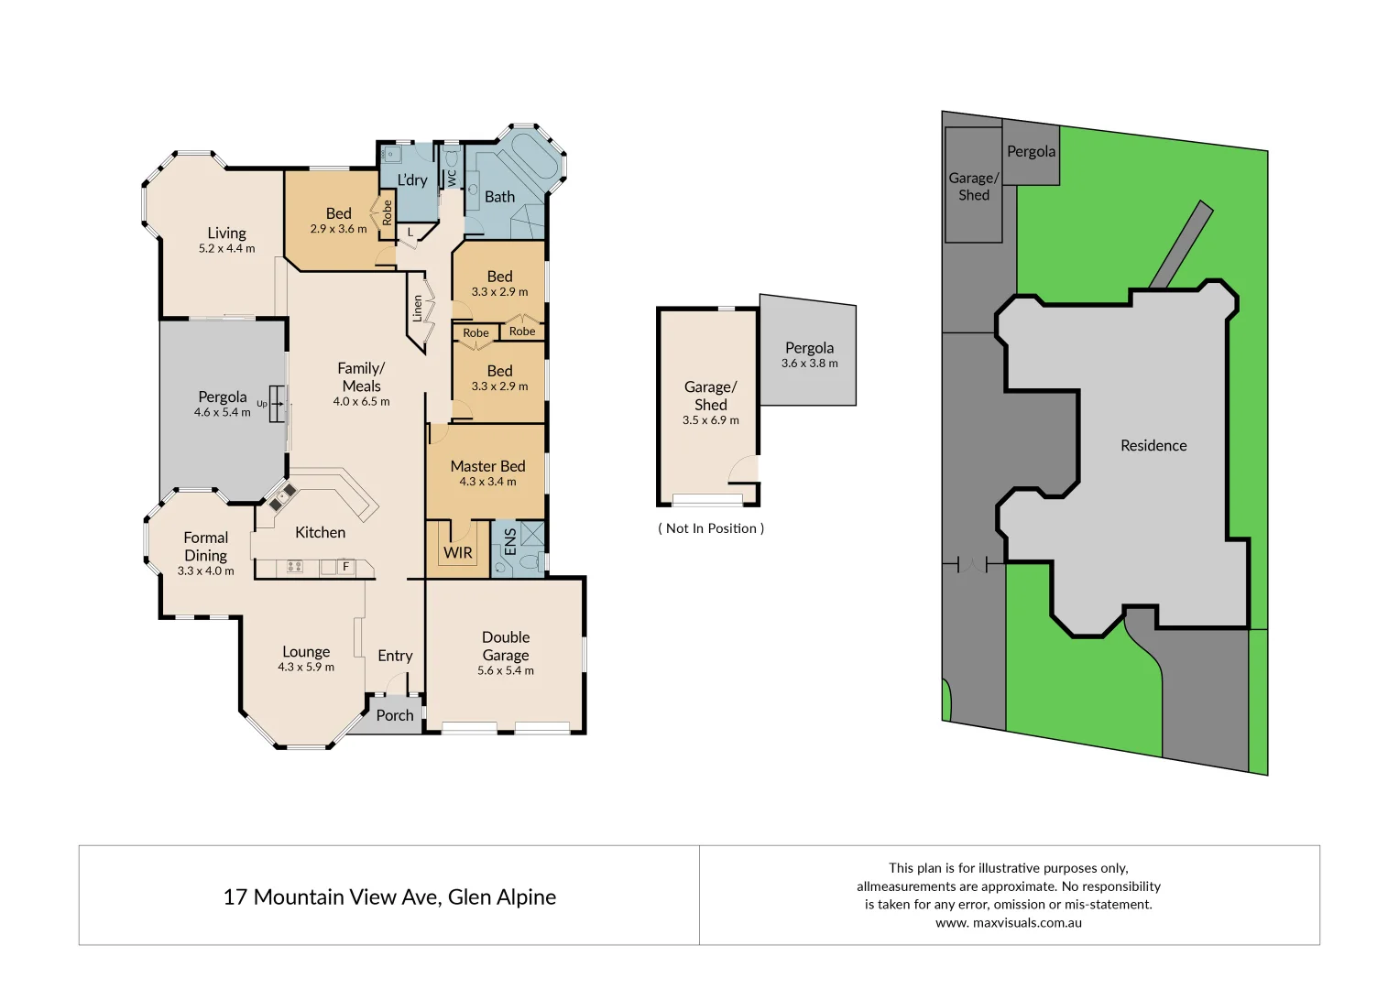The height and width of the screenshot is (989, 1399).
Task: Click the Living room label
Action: point(226,233)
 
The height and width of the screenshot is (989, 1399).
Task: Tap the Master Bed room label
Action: point(487,466)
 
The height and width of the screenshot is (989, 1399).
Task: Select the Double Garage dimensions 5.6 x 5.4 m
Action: point(506,670)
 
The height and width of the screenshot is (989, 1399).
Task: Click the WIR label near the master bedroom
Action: point(458,552)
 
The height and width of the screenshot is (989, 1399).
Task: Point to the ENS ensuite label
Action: point(510,540)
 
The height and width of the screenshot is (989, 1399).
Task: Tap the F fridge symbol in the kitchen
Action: point(346,567)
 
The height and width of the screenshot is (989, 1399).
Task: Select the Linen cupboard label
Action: point(418,308)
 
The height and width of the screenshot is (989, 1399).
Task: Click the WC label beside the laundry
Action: point(452,179)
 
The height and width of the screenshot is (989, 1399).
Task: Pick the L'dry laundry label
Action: point(412,179)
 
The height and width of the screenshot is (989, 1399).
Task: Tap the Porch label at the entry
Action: point(395,715)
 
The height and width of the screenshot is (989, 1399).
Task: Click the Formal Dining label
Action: point(205,547)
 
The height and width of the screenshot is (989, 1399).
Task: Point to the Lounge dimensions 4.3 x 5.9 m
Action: point(306,667)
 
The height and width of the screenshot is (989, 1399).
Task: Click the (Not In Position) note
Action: point(711,528)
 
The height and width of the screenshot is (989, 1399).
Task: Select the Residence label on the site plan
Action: point(1153,445)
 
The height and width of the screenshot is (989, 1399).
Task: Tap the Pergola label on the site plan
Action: point(1031,151)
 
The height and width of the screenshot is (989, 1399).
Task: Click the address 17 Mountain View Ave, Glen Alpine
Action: point(389,897)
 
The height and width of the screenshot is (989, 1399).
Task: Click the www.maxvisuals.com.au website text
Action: point(1009,922)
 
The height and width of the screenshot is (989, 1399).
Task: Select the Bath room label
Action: point(499,196)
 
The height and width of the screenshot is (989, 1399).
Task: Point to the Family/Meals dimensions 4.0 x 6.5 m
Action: point(361,401)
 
